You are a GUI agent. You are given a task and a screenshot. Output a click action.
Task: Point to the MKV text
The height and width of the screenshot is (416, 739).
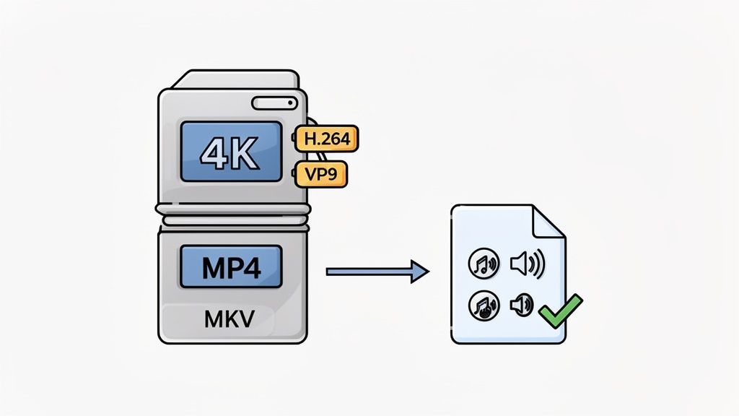coord(229,318)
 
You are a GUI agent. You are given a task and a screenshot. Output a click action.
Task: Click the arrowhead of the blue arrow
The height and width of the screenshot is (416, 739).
coord(419,272)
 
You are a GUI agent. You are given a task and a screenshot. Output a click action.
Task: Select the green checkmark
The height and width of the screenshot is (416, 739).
coord(561,311)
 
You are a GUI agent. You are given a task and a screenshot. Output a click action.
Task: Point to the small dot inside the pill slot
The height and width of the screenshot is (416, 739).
coord(290,102)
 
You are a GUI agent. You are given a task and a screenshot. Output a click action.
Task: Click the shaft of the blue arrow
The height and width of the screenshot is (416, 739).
coord(364,272)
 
